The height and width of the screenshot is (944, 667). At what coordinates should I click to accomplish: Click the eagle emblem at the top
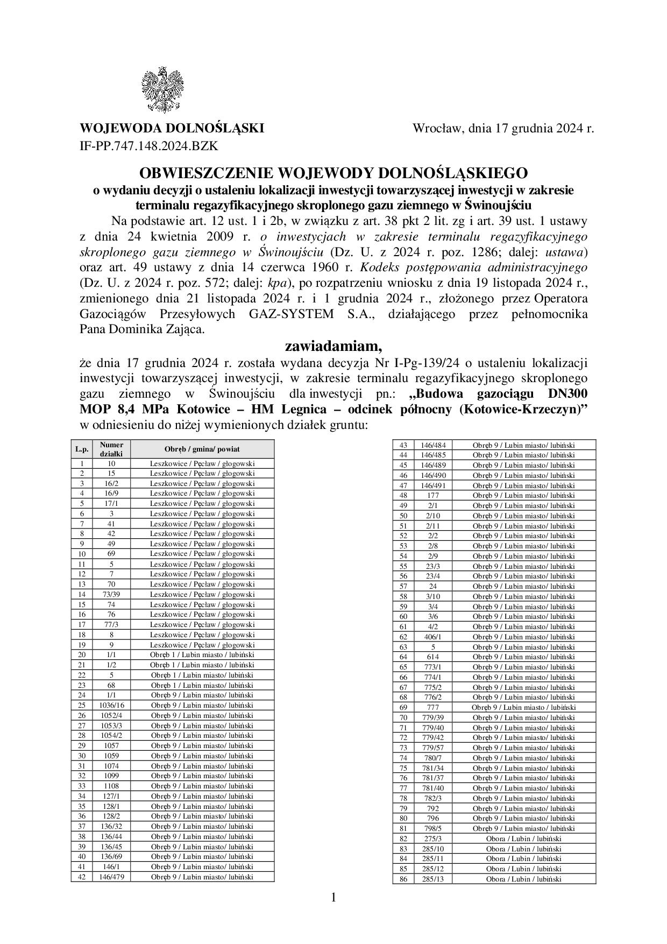click(162, 90)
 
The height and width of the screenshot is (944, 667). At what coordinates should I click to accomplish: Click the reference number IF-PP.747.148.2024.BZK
click(149, 145)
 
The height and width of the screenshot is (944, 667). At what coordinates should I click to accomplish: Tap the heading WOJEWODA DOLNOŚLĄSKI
click(172, 129)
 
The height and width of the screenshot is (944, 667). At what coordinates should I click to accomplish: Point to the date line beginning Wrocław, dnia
click(503, 129)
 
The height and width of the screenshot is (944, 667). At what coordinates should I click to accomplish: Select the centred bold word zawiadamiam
click(333, 346)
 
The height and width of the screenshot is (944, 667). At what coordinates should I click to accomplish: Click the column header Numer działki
click(111, 449)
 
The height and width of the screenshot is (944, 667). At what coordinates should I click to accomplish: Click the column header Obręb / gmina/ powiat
click(202, 449)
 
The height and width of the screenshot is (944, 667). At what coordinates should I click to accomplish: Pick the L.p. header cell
click(82, 449)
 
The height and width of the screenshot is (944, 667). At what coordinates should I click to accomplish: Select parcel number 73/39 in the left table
click(111, 594)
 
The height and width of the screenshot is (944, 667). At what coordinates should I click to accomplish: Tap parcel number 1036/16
click(111, 705)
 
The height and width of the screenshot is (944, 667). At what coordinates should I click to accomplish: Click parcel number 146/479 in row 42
click(111, 877)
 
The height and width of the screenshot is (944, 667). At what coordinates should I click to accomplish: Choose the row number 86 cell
click(403, 879)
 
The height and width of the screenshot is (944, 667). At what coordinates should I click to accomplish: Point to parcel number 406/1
click(433, 637)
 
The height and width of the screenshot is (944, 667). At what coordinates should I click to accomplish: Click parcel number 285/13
click(433, 879)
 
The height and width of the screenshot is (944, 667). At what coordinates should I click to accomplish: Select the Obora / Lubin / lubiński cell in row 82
click(523, 839)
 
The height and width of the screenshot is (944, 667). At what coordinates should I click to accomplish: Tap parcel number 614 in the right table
click(433, 657)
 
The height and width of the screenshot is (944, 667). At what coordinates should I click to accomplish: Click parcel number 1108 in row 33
click(111, 786)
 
